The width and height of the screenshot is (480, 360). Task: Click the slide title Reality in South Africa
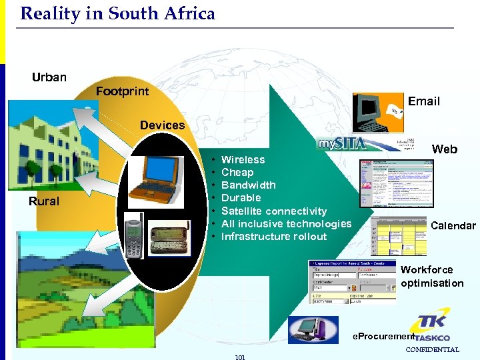point(118,13)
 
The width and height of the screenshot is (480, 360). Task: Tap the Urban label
point(49,77)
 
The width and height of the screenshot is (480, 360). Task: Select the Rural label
point(44,201)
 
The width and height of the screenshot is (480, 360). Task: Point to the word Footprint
point(122,91)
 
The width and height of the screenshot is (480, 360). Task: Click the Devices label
point(162,125)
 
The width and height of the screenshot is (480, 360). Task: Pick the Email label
point(424,101)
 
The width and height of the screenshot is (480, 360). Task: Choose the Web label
point(445,149)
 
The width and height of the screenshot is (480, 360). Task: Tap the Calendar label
point(453,226)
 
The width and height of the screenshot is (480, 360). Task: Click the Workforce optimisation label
point(432,276)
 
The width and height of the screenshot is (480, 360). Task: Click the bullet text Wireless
point(243,159)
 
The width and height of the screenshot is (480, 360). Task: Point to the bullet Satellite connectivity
point(273,211)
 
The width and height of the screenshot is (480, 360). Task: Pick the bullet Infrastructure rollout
point(274,237)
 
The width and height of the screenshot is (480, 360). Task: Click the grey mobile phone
point(133,235)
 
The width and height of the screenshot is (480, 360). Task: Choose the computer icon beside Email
point(374,110)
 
